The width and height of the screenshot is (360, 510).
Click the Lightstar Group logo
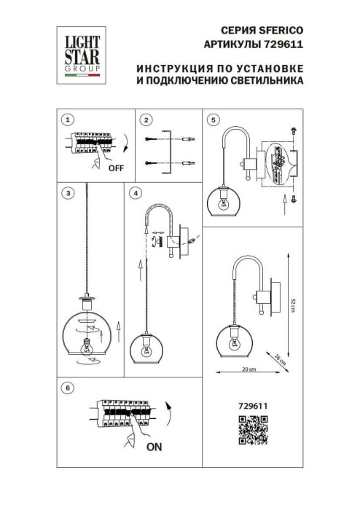(79, 51)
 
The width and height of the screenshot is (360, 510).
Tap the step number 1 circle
(67, 119)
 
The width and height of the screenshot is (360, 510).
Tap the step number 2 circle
(146, 119)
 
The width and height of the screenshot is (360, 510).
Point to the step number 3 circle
(67, 193)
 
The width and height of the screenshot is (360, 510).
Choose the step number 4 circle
(135, 193)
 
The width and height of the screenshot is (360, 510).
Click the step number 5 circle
(213, 119)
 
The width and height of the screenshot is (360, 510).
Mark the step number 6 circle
(67, 389)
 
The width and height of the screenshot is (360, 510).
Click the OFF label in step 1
(116, 168)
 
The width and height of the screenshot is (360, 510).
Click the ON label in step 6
(154, 448)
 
